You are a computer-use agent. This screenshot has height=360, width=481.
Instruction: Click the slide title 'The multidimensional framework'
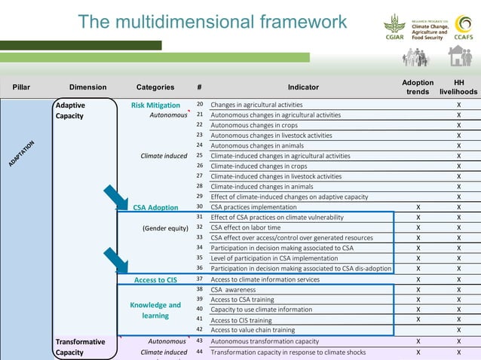pos(213,22)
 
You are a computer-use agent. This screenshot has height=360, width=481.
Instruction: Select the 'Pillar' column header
pos(22,87)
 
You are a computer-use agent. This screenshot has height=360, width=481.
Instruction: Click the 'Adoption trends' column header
pos(418,87)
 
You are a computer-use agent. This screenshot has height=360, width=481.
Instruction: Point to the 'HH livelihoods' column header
pos(458,87)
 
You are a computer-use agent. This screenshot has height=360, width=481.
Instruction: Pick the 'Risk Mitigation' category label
pos(155,105)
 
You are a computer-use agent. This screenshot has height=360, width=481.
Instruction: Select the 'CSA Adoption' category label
pos(155,207)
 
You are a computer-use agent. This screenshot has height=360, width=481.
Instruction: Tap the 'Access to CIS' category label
pos(155,280)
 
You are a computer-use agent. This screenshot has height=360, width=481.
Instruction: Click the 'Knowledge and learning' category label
pos(155,310)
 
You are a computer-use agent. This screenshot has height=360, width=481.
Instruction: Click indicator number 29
pos(200,197)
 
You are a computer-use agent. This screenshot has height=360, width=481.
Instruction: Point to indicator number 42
pos(200,329)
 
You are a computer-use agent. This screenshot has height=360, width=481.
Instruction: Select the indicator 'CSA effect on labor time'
pos(246,227)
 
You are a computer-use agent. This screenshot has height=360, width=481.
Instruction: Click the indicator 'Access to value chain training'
pos(253,330)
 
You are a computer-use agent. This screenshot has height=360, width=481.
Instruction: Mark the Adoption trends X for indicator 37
pos(418,279)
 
